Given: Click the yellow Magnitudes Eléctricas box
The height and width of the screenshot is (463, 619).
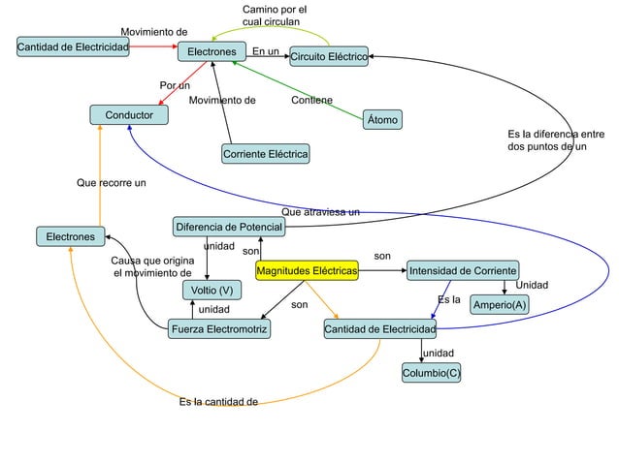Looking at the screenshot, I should coord(307,270).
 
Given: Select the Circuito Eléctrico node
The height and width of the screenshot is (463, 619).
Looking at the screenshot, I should coord(328,58).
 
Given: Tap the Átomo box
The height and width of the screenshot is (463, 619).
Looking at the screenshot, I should coord(383,120).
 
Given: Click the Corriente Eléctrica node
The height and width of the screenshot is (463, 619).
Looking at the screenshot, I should coord(266,155).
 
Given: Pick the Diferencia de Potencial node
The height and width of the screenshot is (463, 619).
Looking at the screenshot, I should coord(229,228).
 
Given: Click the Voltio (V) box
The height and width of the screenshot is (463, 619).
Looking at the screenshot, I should coord(211,291).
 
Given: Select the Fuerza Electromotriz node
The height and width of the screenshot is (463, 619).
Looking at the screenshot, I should coord(218,329).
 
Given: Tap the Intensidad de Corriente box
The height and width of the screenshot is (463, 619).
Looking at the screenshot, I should coord(463,269).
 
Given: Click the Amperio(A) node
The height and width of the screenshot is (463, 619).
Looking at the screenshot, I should coord(500,306).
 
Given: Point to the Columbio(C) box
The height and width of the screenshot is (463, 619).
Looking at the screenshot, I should coord(432,373).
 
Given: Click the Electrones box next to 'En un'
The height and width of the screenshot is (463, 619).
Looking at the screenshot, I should coord(212,51).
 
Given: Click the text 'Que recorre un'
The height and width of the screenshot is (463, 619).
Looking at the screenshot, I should coord(112,182).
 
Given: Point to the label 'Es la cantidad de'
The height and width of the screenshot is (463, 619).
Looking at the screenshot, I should coord(218,401).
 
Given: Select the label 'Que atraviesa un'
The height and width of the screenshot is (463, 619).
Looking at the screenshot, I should coord(320,211).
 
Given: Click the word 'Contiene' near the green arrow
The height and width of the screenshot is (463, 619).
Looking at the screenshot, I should coord(311,100).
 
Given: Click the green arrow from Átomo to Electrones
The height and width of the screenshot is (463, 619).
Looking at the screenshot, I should coord(301,89).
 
